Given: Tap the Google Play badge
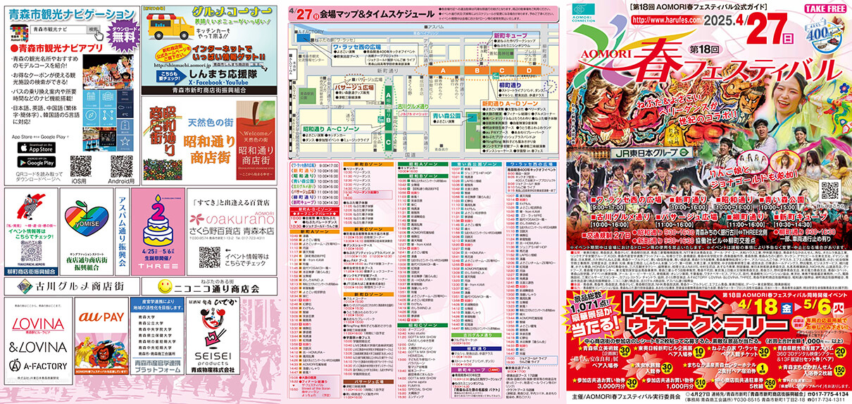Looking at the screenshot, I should coord(37,161).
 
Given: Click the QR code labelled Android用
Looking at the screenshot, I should coord(121,166).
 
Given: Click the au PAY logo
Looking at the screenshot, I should coord(100,337).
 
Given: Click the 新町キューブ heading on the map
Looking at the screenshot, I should coord(506,35).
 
